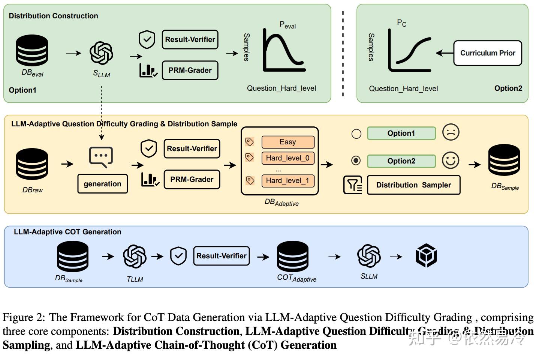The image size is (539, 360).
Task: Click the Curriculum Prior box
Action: pos(487,53)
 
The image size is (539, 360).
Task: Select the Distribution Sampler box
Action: pos(413,185)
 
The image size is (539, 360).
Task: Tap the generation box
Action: pos(102,184)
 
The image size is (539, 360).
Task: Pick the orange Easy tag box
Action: pos(287,142)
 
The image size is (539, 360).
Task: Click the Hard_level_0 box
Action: pos(287,158)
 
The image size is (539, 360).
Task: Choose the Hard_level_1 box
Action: pos(287,180)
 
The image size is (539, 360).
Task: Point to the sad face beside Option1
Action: pos(451,132)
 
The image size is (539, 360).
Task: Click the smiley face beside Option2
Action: pos(451,160)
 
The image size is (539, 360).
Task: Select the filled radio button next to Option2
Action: pos(356,160)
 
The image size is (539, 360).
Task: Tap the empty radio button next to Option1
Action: pos(356,133)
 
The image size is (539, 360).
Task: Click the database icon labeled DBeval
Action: pos(32,51)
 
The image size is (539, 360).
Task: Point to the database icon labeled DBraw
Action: pos(32,164)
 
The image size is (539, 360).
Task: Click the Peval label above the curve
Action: pos(287,25)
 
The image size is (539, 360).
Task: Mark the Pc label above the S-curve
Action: pos(401,23)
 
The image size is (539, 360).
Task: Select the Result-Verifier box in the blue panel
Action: pos(221,256)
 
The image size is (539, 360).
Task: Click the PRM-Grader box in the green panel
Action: pos(190,70)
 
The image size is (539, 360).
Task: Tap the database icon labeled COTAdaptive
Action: pos(292,256)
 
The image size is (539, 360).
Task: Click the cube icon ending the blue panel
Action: pos(426,256)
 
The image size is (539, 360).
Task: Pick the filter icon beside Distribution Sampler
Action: pos(353,185)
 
